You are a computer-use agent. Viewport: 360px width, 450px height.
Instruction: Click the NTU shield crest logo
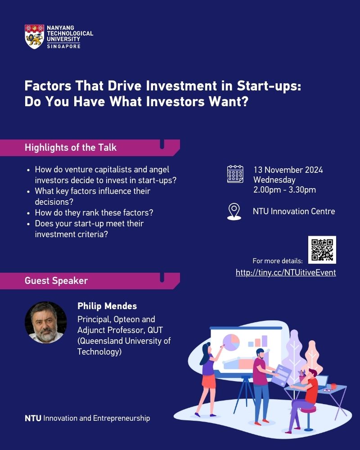click(x=35, y=36)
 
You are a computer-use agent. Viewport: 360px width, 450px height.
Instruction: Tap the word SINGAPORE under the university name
click(x=64, y=46)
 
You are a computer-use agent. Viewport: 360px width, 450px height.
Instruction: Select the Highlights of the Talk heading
click(x=71, y=148)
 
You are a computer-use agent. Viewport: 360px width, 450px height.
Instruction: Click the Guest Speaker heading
click(x=56, y=281)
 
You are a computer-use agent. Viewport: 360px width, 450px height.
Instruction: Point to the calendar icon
click(x=235, y=174)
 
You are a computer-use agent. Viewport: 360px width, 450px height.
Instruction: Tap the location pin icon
click(x=234, y=211)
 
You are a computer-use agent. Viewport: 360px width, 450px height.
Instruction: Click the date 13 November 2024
click(x=288, y=170)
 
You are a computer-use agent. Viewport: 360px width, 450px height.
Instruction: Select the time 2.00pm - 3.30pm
click(x=284, y=190)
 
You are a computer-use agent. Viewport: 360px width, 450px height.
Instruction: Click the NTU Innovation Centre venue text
click(x=294, y=211)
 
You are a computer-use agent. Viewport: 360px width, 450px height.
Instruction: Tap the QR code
click(x=322, y=250)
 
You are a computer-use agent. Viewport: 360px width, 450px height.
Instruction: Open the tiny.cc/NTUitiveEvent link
click(x=286, y=272)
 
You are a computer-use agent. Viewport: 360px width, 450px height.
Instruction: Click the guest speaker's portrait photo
click(x=46, y=322)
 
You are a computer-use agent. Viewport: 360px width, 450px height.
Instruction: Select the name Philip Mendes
click(x=107, y=306)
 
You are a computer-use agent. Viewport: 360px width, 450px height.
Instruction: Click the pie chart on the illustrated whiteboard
click(x=231, y=342)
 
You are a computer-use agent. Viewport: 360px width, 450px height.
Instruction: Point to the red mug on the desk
click(x=333, y=387)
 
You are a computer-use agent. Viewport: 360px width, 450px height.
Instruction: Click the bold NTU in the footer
click(x=33, y=418)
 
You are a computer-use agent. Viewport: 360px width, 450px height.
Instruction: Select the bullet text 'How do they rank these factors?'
click(x=94, y=213)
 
